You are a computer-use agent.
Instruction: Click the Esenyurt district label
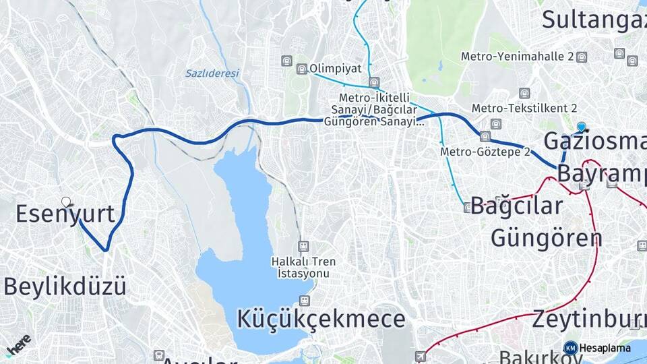pyautogui.click(x=65, y=214)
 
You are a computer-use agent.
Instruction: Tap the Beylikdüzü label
pyautogui.click(x=65, y=286)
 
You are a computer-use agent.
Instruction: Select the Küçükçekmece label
pyautogui.click(x=321, y=319)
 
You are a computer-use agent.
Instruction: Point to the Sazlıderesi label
pyautogui.click(x=212, y=73)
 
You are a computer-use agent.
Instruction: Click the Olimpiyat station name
pyautogui.click(x=336, y=68)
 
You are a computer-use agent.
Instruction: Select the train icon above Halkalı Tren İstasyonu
pyautogui.click(x=303, y=246)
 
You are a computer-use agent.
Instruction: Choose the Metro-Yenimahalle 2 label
pyautogui.click(x=517, y=57)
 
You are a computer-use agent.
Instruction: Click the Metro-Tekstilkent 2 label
pyautogui.click(x=524, y=108)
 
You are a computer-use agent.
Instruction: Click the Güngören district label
pyautogui.click(x=546, y=237)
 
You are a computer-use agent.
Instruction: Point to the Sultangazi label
pyautogui.click(x=594, y=20)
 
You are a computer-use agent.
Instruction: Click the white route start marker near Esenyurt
pyautogui.click(x=66, y=202)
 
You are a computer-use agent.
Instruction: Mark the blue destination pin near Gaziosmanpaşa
pyautogui.click(x=582, y=126)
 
